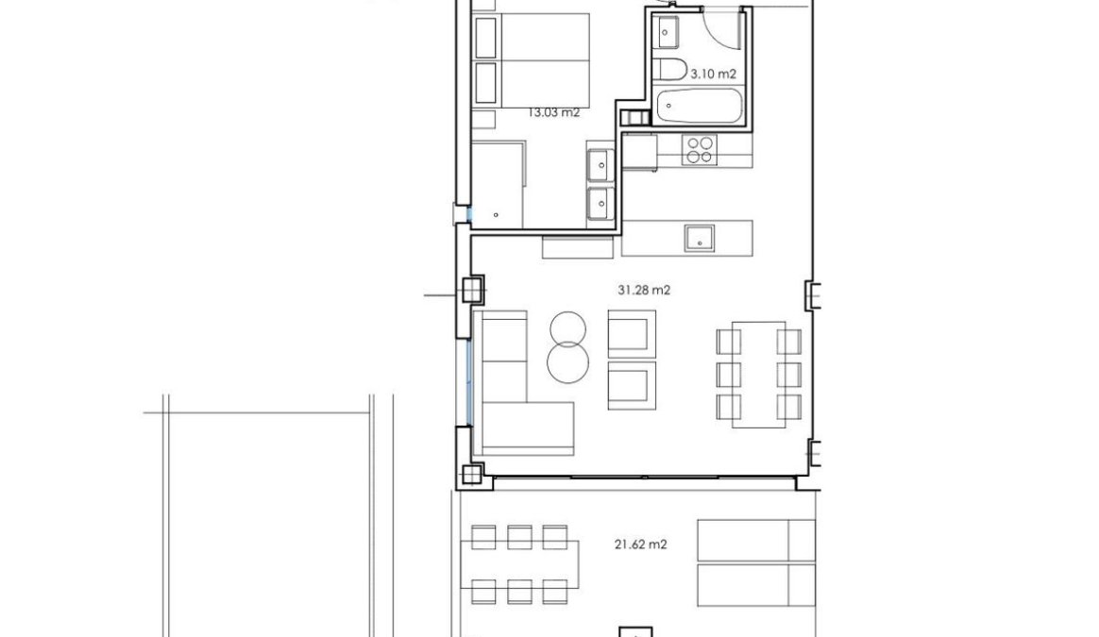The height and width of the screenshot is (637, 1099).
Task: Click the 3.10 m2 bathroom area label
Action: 714,74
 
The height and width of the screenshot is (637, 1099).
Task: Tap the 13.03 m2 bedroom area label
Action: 553,112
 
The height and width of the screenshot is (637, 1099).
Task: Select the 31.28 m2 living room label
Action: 644,290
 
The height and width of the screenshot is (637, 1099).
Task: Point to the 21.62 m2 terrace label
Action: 641,544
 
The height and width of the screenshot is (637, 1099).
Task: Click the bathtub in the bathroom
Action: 698,106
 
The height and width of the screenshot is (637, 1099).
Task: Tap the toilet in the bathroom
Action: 672,70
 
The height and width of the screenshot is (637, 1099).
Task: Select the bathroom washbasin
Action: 668,32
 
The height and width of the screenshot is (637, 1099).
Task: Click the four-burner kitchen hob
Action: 701,149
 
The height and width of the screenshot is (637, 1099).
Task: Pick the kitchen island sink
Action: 699,238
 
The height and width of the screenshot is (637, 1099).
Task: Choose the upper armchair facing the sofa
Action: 632,333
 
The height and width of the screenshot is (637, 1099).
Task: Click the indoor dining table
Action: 758,375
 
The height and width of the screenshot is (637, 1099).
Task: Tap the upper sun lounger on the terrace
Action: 756,541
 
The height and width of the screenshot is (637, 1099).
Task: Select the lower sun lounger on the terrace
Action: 756,585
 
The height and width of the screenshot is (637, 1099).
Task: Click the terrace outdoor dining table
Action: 519,565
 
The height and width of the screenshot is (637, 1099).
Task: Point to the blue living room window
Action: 469,382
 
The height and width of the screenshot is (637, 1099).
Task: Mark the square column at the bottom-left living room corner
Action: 472,474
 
